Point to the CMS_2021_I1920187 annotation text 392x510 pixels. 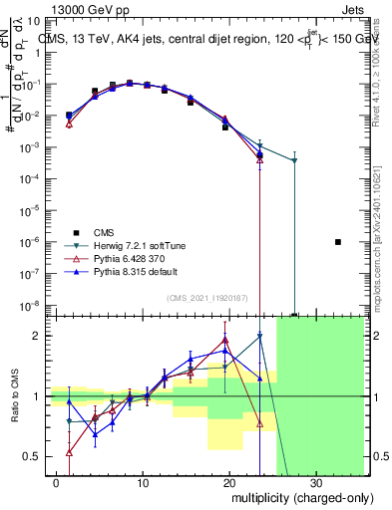[206, 298]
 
